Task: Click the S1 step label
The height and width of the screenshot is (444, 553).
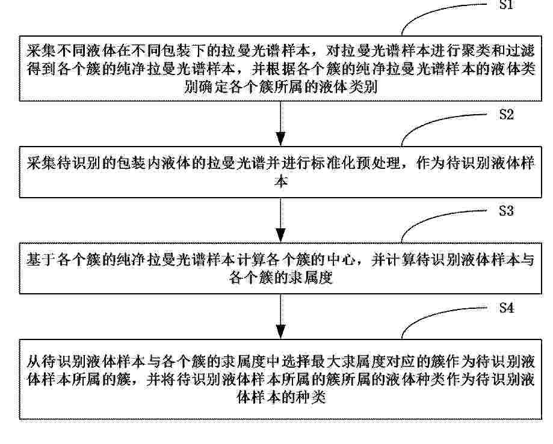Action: point(506,4)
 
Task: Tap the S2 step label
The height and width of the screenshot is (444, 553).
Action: point(507,114)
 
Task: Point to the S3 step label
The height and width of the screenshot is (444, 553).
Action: point(506,210)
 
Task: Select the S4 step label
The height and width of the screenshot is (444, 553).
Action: point(507,308)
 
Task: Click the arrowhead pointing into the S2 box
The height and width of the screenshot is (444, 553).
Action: point(280,139)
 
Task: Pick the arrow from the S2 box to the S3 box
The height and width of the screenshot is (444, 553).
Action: point(280,220)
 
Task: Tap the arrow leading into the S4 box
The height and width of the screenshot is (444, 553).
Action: point(280,317)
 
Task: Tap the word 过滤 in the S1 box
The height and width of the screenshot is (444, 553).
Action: point(520,52)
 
